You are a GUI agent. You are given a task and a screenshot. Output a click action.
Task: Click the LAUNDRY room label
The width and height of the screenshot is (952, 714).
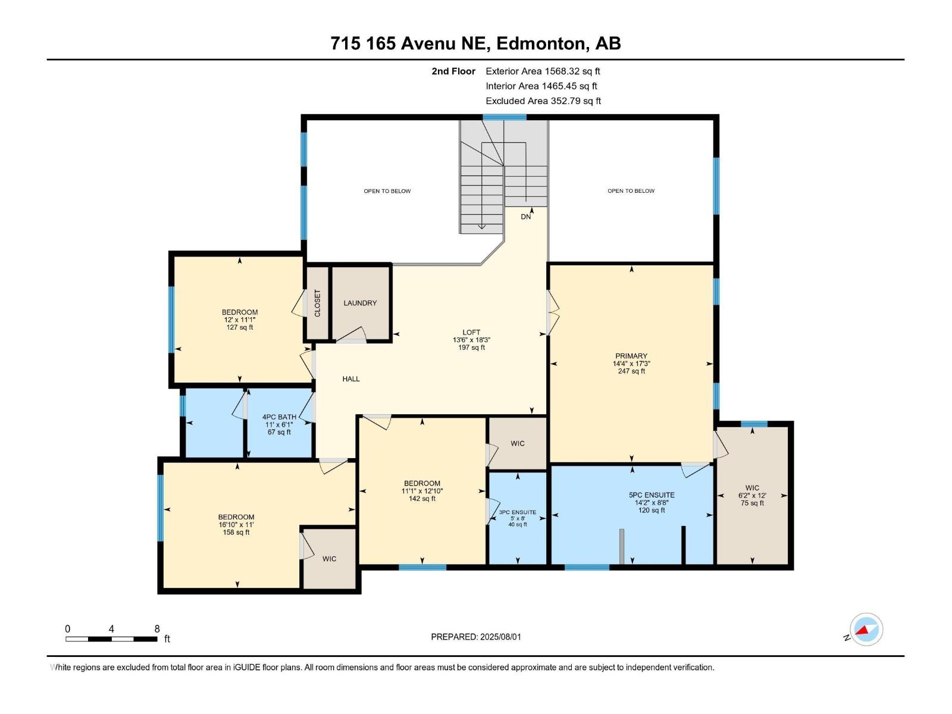360,303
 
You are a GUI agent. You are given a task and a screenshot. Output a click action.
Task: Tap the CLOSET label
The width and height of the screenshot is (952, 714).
317,303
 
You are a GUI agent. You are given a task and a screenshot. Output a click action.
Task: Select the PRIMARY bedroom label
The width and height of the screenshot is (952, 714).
631,356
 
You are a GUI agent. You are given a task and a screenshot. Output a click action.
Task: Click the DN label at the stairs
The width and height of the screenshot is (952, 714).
526,217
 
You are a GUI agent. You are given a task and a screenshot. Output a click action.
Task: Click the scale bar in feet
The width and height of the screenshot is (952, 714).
111,639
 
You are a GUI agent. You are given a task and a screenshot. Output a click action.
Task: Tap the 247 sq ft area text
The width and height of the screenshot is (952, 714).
631,371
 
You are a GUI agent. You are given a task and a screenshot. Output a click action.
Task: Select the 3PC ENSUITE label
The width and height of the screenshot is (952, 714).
518,512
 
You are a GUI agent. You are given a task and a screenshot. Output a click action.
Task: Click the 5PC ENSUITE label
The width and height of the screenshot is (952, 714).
652,495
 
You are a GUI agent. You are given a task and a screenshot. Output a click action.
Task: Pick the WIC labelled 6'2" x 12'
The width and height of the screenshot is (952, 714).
752,495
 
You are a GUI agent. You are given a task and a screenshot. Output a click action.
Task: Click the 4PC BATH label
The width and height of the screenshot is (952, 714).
279,417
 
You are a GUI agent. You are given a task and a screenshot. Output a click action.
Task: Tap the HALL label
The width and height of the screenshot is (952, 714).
351,379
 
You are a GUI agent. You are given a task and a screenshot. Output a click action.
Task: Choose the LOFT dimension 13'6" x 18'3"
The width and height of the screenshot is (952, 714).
471,340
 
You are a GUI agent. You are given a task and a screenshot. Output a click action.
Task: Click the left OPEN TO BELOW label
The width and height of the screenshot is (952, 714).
387,191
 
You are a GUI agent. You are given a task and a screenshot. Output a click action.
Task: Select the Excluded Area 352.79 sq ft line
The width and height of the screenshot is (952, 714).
543,101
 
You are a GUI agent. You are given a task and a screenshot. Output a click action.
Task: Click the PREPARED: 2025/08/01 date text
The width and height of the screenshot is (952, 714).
476,637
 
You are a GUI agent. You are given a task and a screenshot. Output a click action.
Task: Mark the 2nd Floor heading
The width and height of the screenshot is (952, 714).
453,71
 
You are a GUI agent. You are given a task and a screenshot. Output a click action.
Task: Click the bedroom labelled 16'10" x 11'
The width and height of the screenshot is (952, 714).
236,518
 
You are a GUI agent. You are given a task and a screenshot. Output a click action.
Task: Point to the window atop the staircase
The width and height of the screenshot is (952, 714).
504,117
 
